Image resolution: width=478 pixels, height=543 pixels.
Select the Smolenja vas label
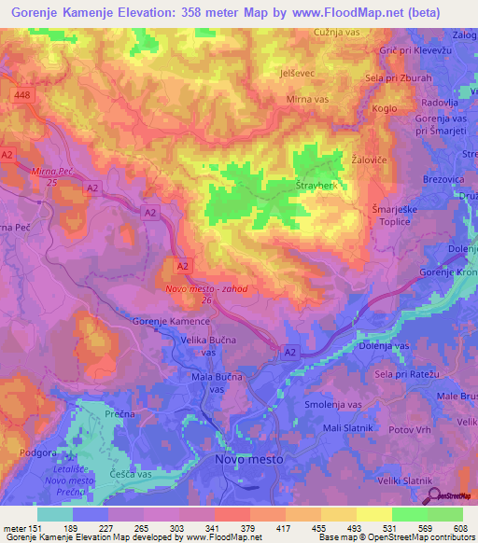click(x=332, y=405)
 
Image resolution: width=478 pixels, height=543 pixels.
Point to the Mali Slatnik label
click(x=347, y=427)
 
